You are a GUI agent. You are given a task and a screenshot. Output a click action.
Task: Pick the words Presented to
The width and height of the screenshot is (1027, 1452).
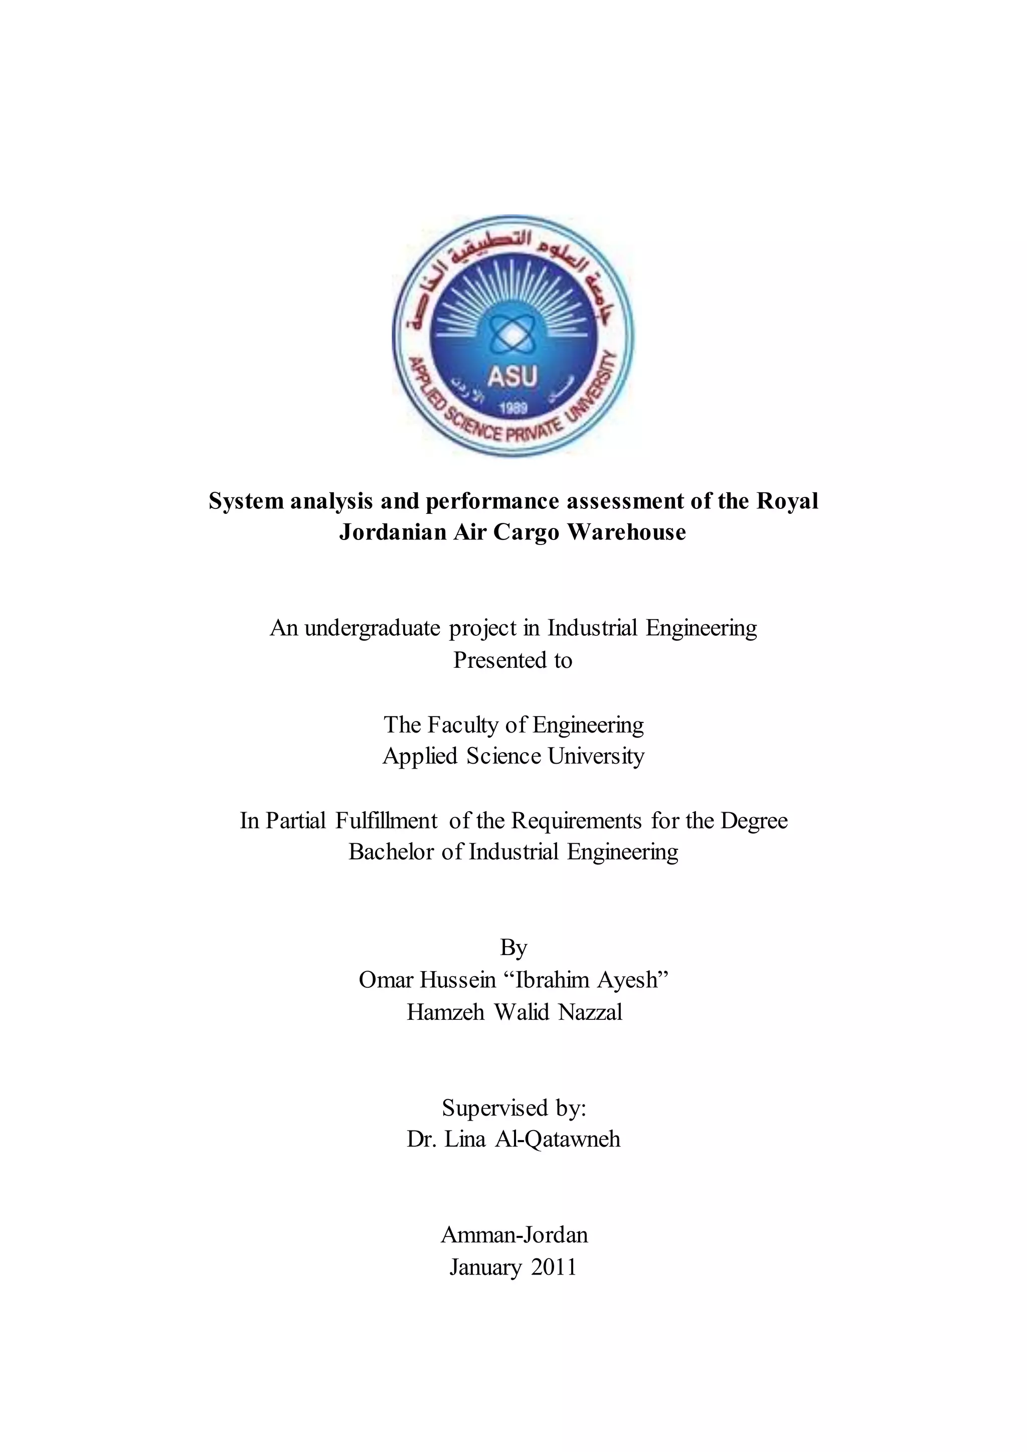[x=513, y=660]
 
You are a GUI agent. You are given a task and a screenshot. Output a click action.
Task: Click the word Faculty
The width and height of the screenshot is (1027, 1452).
[x=463, y=724]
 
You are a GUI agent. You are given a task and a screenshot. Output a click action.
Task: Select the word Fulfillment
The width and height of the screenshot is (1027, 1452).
[x=387, y=821]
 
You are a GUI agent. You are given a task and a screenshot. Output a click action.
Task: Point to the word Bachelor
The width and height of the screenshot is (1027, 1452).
[x=392, y=852]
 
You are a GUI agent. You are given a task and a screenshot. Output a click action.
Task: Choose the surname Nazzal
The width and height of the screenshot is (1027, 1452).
[x=591, y=1012]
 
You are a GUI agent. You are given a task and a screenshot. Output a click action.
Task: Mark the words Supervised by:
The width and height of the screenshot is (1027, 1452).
[x=513, y=1108]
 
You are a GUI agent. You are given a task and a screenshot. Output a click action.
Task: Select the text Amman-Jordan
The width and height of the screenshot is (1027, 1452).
[x=514, y=1235]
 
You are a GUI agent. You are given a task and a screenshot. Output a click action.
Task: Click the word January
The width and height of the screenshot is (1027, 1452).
[x=485, y=1267]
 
